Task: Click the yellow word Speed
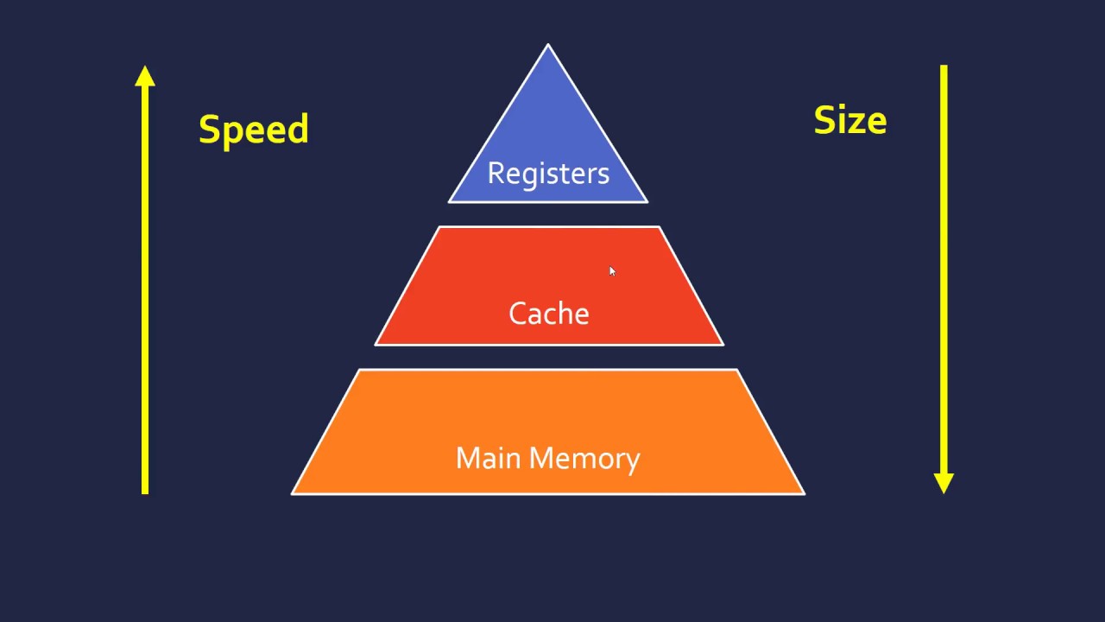click(x=253, y=130)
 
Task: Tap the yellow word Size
click(x=849, y=121)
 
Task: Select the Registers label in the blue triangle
click(x=548, y=173)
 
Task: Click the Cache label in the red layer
click(x=548, y=313)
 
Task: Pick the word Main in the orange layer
click(x=488, y=458)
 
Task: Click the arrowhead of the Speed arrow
click(x=145, y=76)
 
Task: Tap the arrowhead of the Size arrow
click(x=944, y=483)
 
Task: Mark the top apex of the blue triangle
click(x=548, y=45)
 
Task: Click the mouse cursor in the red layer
click(x=612, y=271)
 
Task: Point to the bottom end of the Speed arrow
click(x=145, y=492)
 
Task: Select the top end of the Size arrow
click(x=944, y=67)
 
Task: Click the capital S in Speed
click(x=209, y=129)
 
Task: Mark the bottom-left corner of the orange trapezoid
click(x=293, y=493)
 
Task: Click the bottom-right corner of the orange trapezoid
click(x=804, y=493)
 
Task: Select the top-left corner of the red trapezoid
click(x=439, y=228)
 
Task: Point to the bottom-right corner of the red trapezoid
click(x=723, y=344)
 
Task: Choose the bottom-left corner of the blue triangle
click(x=450, y=201)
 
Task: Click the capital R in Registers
click(x=496, y=173)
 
